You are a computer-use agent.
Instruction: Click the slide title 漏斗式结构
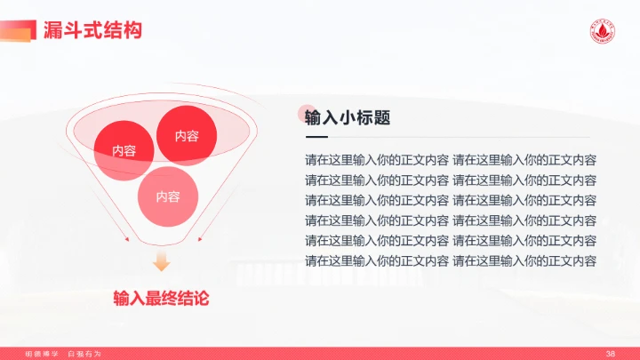pyautogui.click(x=92, y=30)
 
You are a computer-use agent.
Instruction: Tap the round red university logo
pyautogui.click(x=605, y=31)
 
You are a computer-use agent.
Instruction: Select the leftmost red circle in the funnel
pyautogui.click(x=124, y=149)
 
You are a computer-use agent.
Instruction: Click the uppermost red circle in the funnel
pyautogui.click(x=187, y=135)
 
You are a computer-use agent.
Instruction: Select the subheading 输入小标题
pyautogui.click(x=348, y=117)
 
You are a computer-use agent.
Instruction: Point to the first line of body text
pyautogui.click(x=450, y=161)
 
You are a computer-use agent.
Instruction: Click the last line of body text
pyautogui.click(x=450, y=260)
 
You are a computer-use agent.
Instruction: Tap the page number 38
pyautogui.click(x=610, y=354)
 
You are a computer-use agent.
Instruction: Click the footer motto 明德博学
pyautogui.click(x=41, y=354)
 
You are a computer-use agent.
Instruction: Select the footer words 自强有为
pyautogui.click(x=84, y=354)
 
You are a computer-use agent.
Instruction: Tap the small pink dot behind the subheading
pyautogui.click(x=305, y=110)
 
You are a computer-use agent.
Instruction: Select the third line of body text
pyautogui.click(x=450, y=201)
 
